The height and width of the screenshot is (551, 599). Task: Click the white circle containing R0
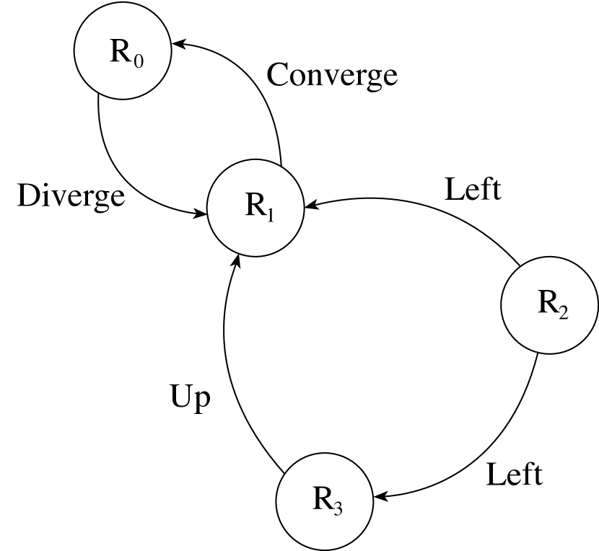[x=123, y=51]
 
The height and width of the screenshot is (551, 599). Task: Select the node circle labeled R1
[x=255, y=208]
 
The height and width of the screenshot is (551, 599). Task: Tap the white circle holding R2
[x=550, y=305]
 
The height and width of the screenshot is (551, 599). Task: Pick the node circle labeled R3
[x=325, y=501]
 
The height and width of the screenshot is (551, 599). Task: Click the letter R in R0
[x=120, y=51]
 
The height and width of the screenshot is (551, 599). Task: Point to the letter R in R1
[x=255, y=206]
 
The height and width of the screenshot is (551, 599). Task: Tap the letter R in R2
[x=548, y=302]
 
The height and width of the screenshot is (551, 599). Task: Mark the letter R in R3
[x=323, y=498]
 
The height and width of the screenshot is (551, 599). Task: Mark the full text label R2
[x=553, y=305]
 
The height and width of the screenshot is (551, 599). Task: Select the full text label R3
[x=328, y=501]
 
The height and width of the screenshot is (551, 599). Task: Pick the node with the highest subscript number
[x=325, y=501]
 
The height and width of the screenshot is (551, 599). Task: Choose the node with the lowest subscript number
[x=123, y=51]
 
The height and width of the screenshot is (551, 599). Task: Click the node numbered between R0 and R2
[x=255, y=208]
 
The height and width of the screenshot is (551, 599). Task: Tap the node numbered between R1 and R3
[x=550, y=305]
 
